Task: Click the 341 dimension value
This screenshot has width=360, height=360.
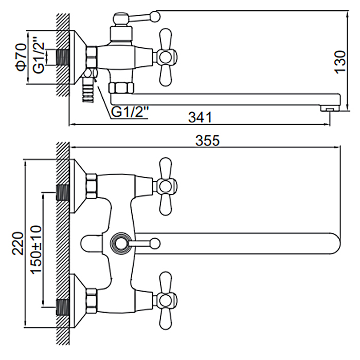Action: (200, 117)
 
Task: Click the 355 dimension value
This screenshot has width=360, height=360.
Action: (208, 140)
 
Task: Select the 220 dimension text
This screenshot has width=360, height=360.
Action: (17, 243)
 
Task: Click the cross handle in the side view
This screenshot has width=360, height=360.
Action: (166, 57)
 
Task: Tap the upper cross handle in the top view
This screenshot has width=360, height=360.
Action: (166, 185)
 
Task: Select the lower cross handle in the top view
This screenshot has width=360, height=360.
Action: (166, 297)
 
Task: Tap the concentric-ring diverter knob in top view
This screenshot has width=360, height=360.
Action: (120, 242)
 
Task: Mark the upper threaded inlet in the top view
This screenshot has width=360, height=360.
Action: (63, 191)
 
